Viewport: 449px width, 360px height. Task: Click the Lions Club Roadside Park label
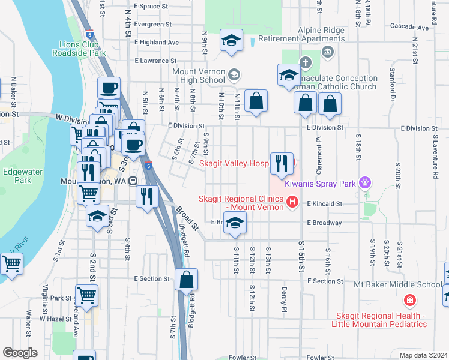point(83,48)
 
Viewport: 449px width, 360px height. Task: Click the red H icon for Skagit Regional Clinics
point(292,201)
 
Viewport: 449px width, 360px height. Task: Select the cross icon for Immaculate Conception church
point(305,62)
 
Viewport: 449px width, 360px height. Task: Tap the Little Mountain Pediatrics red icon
point(409,299)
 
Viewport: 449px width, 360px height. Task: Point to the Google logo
point(19,353)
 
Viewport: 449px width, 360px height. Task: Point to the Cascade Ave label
point(413,27)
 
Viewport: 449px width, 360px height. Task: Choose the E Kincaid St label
point(324,204)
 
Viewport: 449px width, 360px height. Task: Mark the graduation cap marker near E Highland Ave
point(231,41)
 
